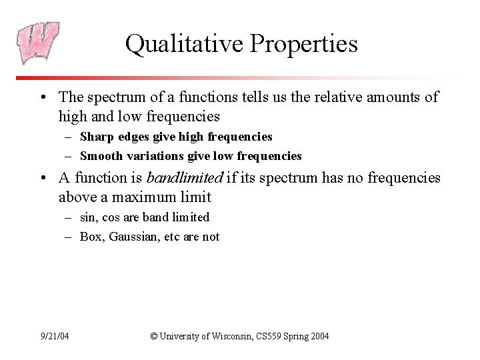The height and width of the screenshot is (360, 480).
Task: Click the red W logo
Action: (39, 43)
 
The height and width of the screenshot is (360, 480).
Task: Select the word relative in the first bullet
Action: (357, 97)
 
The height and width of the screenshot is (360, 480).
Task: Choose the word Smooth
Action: (102, 156)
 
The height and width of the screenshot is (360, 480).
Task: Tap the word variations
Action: (157, 156)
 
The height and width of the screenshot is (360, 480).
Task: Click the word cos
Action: (110, 217)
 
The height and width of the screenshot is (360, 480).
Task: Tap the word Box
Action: (92, 237)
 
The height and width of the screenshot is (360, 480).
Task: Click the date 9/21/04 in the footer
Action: (55, 336)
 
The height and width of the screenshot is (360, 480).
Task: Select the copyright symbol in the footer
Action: (155, 336)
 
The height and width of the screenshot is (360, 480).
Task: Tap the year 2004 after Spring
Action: (317, 336)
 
